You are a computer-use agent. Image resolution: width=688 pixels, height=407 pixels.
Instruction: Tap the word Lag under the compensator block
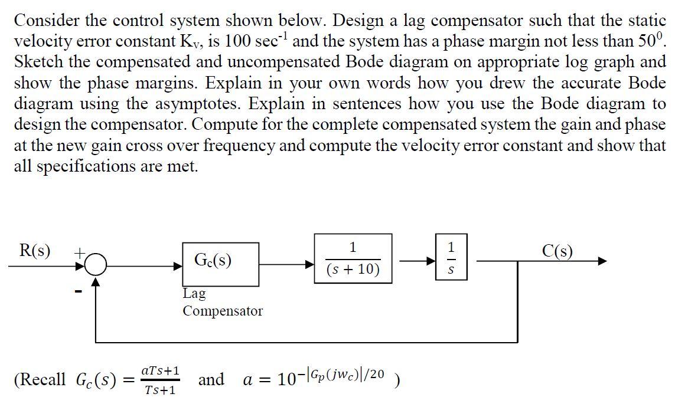pos(194,293)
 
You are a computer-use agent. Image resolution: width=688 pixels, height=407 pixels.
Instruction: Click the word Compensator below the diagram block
pos(222,311)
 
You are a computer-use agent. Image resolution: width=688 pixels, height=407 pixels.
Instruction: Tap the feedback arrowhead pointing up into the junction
pos(96,284)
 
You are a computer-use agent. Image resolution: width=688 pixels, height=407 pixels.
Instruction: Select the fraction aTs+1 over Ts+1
pos(161,380)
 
